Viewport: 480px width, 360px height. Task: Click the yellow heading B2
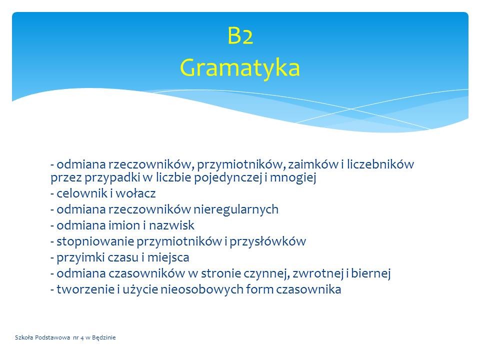pos(240,36)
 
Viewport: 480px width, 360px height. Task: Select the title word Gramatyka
pos(239,67)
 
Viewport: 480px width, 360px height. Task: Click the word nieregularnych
pos(235,209)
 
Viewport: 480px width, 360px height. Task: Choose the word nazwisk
pos(171,225)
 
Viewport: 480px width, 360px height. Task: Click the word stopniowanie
pos(95,242)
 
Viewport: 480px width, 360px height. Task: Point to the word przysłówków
pos(268,242)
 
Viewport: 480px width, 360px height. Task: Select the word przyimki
pos(81,258)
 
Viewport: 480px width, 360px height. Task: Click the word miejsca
pos(168,258)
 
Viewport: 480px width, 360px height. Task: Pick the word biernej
pos(370,273)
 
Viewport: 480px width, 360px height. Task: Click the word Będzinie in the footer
pos(104,337)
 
